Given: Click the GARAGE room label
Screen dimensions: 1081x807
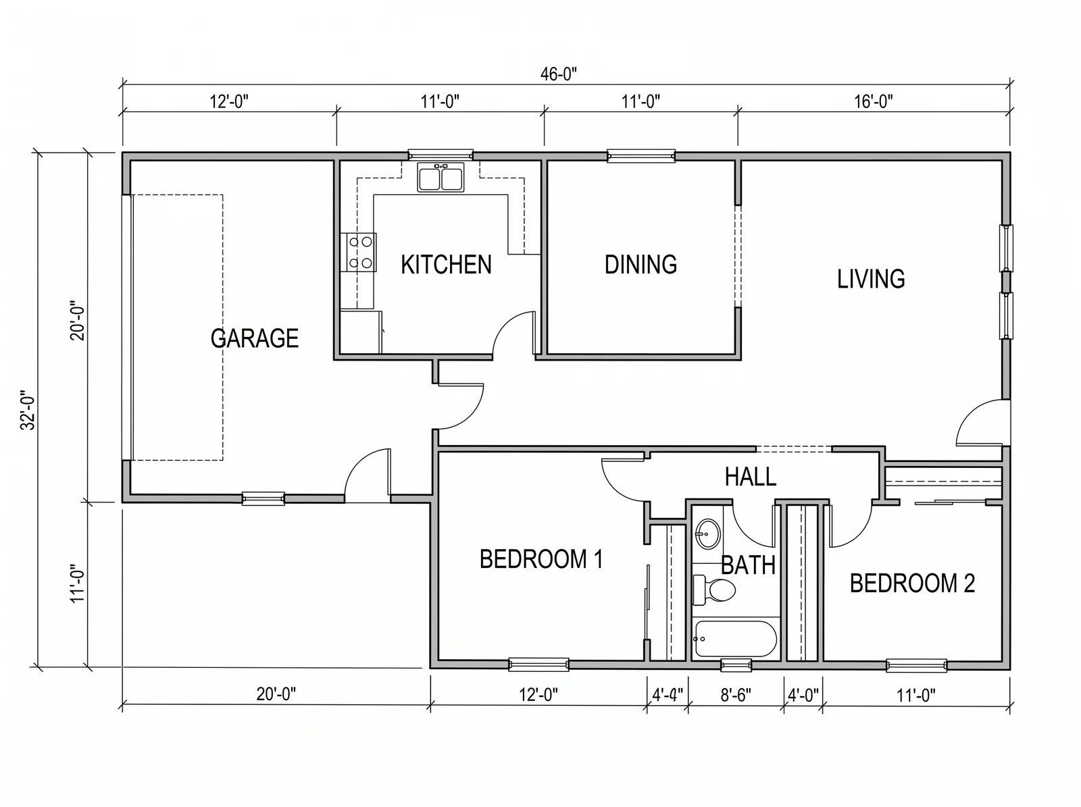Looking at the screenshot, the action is [255, 338].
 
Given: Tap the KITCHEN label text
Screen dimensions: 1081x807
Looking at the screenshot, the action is [446, 265].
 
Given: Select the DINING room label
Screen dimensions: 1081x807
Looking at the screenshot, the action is [640, 265].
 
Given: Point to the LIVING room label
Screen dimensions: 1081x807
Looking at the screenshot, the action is [871, 279].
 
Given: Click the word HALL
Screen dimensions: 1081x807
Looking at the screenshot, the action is [751, 477].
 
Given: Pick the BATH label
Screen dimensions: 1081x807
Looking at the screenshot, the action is [748, 565].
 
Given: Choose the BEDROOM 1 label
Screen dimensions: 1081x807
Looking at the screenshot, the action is [541, 559].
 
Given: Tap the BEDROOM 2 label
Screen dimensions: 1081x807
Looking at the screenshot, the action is [912, 583].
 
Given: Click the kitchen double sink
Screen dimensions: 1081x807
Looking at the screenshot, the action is [441, 177].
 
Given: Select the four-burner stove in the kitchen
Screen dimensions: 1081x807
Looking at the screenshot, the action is [359, 252].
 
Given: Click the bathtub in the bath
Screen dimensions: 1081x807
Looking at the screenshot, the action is [735, 639].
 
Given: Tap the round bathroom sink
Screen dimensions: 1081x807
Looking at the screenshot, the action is [707, 534].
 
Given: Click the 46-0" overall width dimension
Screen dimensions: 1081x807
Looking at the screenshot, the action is [559, 74].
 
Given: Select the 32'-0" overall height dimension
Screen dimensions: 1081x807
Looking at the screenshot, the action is [28, 411].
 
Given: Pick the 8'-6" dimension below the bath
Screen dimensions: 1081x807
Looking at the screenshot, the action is [736, 696].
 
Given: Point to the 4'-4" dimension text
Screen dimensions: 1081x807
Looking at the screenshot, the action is [668, 695].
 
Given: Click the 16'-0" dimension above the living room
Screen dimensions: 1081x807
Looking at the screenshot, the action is [873, 102].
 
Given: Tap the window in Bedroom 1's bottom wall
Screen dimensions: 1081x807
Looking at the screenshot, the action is [538, 665].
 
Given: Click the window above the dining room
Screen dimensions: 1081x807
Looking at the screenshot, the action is [640, 156].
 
